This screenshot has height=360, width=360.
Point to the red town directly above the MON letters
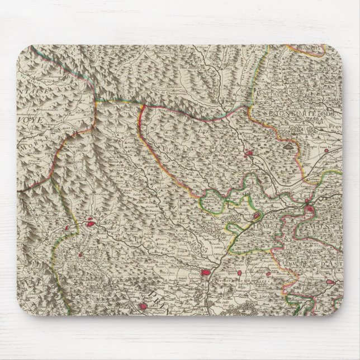pos(311,210)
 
